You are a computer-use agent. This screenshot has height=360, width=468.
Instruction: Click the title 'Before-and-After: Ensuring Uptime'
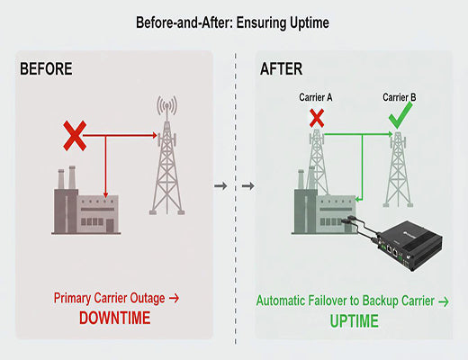(233, 21)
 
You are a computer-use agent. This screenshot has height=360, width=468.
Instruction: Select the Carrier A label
(317, 95)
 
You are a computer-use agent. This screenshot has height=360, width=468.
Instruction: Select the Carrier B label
(400, 95)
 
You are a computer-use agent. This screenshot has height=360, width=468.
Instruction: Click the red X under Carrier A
(317, 117)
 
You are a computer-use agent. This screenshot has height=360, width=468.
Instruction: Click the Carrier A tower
(317, 171)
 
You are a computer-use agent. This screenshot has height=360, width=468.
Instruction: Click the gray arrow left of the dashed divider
(219, 186)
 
